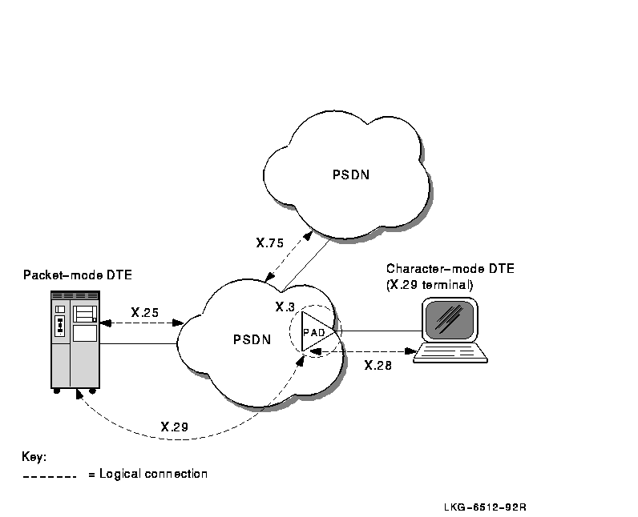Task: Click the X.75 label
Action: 271,242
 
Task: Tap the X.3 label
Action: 285,307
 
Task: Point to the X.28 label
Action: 378,366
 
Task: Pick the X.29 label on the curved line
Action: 174,427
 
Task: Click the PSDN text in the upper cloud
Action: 351,174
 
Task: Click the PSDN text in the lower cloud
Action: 252,339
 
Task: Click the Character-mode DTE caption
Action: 450,269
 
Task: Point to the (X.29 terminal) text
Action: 430,283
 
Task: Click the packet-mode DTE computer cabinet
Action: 75,340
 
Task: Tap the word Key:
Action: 34,457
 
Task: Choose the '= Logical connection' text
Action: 147,474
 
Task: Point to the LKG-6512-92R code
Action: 489,507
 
